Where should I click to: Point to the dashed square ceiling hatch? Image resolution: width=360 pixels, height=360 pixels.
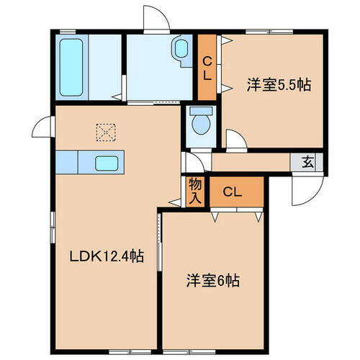(106, 132)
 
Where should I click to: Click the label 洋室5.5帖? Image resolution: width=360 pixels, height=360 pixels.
(279, 84)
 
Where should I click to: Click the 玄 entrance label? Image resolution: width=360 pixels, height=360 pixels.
(307, 162)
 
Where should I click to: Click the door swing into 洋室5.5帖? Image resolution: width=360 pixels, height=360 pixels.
(235, 139)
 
